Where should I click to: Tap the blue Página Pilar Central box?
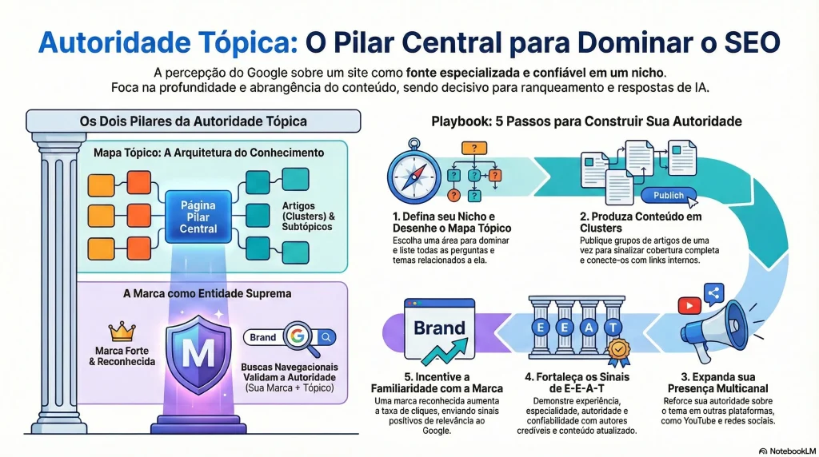pyautogui.click(x=198, y=217)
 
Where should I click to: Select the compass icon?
pyautogui.click(x=414, y=173)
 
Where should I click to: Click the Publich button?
pyautogui.click(x=669, y=195)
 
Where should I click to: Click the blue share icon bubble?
pyautogui.click(x=713, y=293)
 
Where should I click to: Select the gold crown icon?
pyautogui.click(x=121, y=330)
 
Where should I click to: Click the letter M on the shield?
pyautogui.click(x=198, y=351)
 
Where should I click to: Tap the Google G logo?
pyautogui.click(x=298, y=337)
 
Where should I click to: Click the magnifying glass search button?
pyautogui.click(x=326, y=337)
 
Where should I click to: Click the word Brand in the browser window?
pyautogui.click(x=439, y=328)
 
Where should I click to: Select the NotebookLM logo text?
pyautogui.click(x=787, y=451)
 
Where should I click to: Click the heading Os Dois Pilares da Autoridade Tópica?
pyautogui.click(x=193, y=121)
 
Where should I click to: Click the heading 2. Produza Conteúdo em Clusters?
pyautogui.click(x=640, y=222)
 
